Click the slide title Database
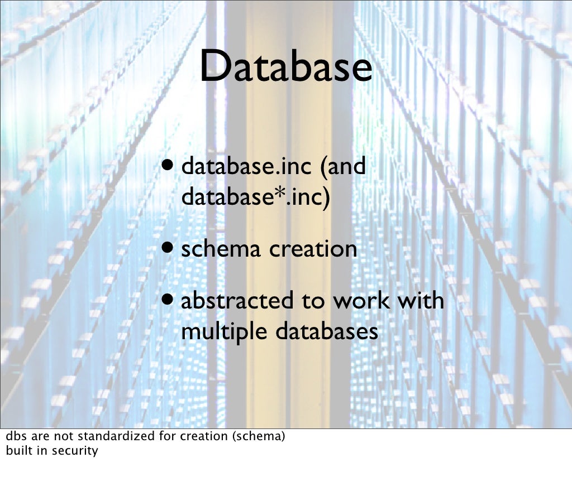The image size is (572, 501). click(285, 66)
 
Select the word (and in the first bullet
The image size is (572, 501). click(343, 167)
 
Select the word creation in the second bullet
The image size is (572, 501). click(313, 249)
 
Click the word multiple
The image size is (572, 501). click(225, 332)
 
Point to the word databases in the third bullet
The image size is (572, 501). click(327, 331)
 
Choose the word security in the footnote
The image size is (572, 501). click(75, 451)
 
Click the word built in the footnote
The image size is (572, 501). click(17, 450)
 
